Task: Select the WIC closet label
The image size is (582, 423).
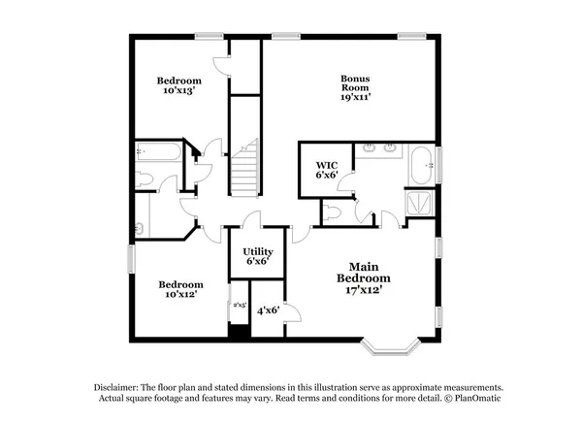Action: pos(325,165)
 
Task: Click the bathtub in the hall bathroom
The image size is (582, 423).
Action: pos(157,151)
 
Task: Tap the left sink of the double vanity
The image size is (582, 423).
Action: pos(371,149)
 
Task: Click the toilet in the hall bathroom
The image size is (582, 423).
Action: pos(143,178)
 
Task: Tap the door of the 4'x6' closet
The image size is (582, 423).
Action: pos(292,312)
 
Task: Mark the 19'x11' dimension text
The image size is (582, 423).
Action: pos(356,96)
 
